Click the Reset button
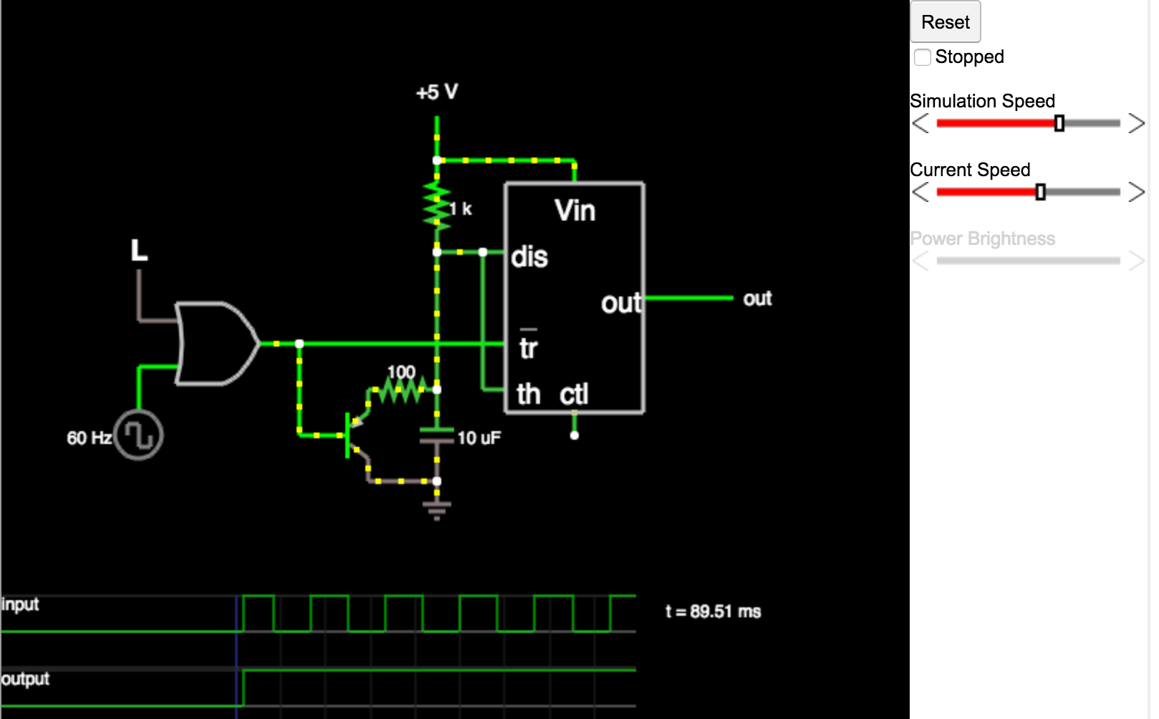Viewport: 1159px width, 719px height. click(x=945, y=22)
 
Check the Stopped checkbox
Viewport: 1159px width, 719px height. click(x=923, y=57)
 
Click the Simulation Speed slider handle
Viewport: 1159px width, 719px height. click(x=1059, y=123)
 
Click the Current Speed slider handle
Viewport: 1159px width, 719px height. click(x=1040, y=192)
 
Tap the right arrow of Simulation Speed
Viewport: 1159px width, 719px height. click(x=1136, y=123)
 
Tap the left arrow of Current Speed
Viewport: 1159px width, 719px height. click(x=920, y=192)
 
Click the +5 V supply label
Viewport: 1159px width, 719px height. click(x=437, y=92)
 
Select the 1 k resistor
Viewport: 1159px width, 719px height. click(x=437, y=206)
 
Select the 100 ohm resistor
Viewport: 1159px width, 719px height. click(x=402, y=390)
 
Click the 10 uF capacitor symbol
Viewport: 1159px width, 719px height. click(x=437, y=435)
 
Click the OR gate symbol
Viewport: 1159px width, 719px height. click(x=215, y=344)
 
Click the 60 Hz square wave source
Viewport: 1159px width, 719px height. click(x=139, y=435)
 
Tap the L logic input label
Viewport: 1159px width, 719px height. click(x=139, y=251)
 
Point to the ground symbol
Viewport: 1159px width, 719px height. click(x=437, y=509)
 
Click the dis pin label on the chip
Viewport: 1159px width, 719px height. click(x=529, y=256)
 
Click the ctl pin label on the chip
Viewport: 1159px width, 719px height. click(x=574, y=394)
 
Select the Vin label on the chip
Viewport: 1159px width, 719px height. click(x=574, y=211)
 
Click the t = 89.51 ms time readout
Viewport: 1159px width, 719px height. click(x=713, y=612)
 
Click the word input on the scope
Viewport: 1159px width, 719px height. click(x=20, y=604)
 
